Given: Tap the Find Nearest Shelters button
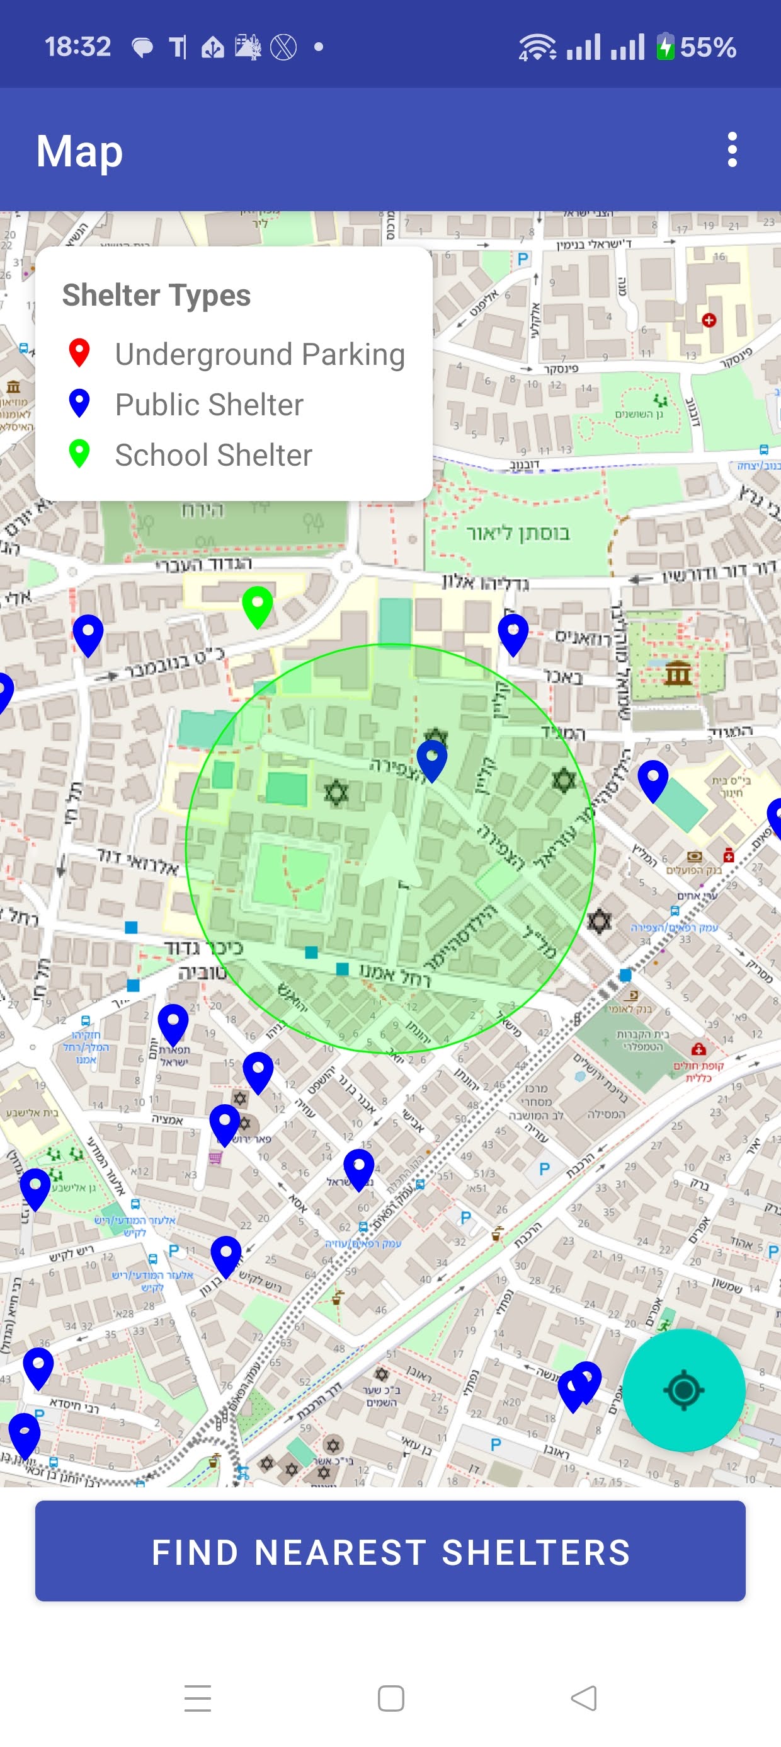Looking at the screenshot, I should pyautogui.click(x=390, y=1552).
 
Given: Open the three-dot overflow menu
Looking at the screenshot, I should pyautogui.click(x=731, y=150).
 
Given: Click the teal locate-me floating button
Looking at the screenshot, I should pyautogui.click(x=683, y=1390).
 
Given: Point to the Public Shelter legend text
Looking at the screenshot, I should pyautogui.click(x=209, y=405).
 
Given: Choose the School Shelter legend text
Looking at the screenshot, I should pyautogui.click(x=214, y=455).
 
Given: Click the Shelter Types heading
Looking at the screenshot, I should pyautogui.click(x=157, y=295).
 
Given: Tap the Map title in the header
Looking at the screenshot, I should pyautogui.click(x=79, y=151).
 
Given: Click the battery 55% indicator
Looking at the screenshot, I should pyautogui.click(x=695, y=47).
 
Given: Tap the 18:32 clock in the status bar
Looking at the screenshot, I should pyautogui.click(x=77, y=47).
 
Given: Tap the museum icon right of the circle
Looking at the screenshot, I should pyautogui.click(x=678, y=672).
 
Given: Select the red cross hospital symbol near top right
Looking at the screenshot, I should pyautogui.click(x=709, y=320).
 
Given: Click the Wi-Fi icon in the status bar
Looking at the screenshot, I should pyautogui.click(x=537, y=47).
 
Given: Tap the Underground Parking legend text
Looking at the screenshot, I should pyautogui.click(x=259, y=355).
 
